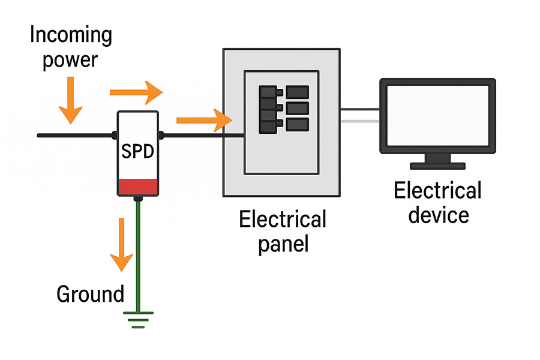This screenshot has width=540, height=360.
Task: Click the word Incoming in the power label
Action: pos(71,35)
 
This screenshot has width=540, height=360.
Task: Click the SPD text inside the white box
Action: pos(138,151)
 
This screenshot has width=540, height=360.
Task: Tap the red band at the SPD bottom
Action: pos(138,187)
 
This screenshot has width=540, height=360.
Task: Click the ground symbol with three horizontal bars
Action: pos(139,318)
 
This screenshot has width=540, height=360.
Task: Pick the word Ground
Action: pos(90,294)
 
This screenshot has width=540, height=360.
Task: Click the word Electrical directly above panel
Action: pos(283,219)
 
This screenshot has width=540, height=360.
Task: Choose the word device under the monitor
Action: pos(439,214)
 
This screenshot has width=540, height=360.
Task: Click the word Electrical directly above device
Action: pos(437,191)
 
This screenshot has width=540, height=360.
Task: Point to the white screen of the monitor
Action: pos(437,114)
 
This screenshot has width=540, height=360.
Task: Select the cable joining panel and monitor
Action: pos(360,115)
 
